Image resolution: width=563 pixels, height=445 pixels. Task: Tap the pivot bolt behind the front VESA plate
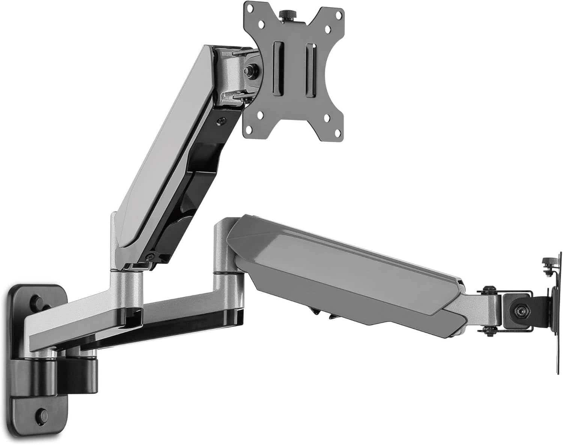click(x=248, y=69)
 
